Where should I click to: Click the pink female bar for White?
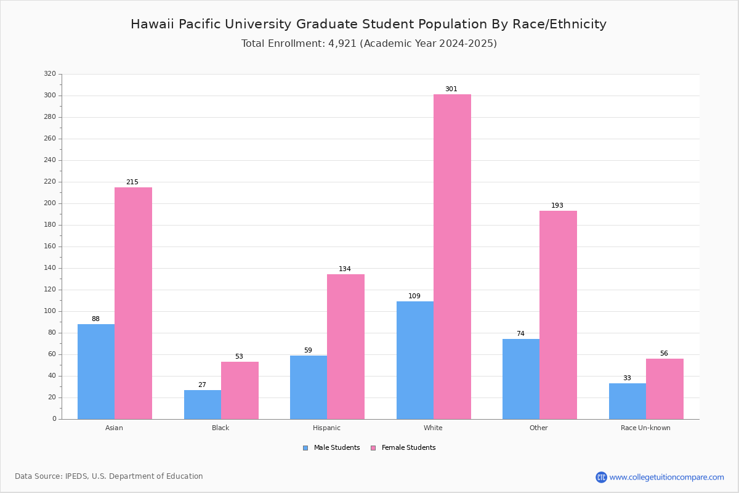pos(452,256)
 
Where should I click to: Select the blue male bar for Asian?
pos(96,372)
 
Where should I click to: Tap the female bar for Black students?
pos(240,391)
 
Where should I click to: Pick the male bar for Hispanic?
pos(309,388)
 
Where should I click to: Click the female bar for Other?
pos(558,315)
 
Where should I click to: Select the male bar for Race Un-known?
pos(628,401)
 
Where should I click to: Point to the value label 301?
pos(451,89)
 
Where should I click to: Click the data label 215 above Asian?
pos(132,182)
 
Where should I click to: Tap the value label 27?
pos(202,385)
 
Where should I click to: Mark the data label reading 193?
pos(557,205)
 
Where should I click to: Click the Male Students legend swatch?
pos(305,448)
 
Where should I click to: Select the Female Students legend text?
pos(408,447)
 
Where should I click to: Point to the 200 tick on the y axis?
pos(50,203)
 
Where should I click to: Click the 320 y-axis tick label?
pos(50,73)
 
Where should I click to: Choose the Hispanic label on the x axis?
pos(326,428)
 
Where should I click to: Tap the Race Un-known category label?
pos(645,428)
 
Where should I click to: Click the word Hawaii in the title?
pos(153,24)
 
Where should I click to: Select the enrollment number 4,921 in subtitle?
pos(342,44)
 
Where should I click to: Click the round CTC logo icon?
pos(601,477)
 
